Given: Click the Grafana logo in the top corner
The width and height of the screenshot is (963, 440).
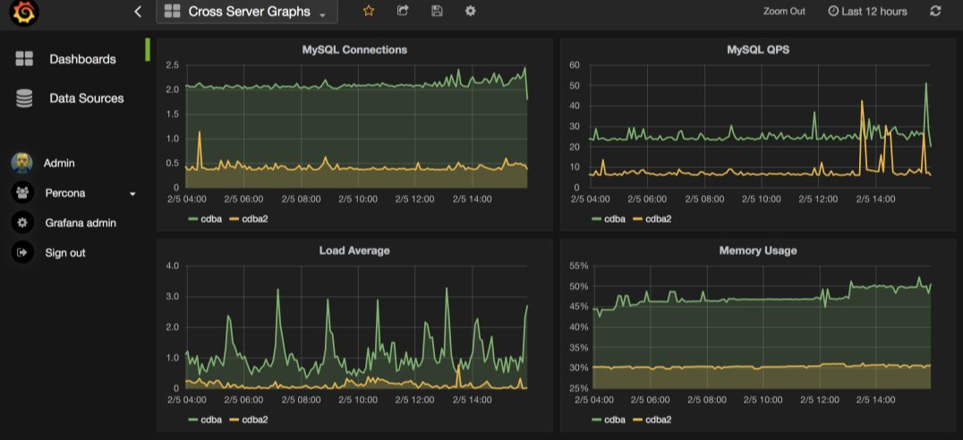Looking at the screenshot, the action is point(24,12).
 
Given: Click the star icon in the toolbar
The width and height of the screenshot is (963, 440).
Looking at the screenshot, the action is point(369,11).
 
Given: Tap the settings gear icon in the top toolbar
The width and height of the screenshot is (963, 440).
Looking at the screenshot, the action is point(471,11).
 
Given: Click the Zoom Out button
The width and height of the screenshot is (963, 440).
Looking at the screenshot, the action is point(784,11).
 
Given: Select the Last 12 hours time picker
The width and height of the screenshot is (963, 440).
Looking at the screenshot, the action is point(868,11).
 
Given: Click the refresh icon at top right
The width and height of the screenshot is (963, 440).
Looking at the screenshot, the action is point(935,11).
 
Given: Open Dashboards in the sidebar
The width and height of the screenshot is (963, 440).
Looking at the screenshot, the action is point(82,59).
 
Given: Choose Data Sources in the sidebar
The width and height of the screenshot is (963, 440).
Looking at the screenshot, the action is point(87,98).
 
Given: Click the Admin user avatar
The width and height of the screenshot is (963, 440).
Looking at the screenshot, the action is point(22,164).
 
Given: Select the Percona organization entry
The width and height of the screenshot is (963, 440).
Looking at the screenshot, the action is point(65,193).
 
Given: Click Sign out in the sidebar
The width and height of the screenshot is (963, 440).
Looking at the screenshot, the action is point(65,253).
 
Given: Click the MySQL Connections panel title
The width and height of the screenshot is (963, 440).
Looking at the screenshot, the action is point(354,50).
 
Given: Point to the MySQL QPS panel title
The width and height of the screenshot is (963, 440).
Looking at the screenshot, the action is point(758,50).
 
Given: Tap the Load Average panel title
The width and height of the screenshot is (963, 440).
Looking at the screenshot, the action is point(354,250).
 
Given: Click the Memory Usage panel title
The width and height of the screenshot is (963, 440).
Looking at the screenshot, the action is point(758,250).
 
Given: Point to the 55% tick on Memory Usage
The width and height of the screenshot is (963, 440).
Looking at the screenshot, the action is point(580,266).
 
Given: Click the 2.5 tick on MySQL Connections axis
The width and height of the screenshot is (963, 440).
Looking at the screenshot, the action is point(173,64).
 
